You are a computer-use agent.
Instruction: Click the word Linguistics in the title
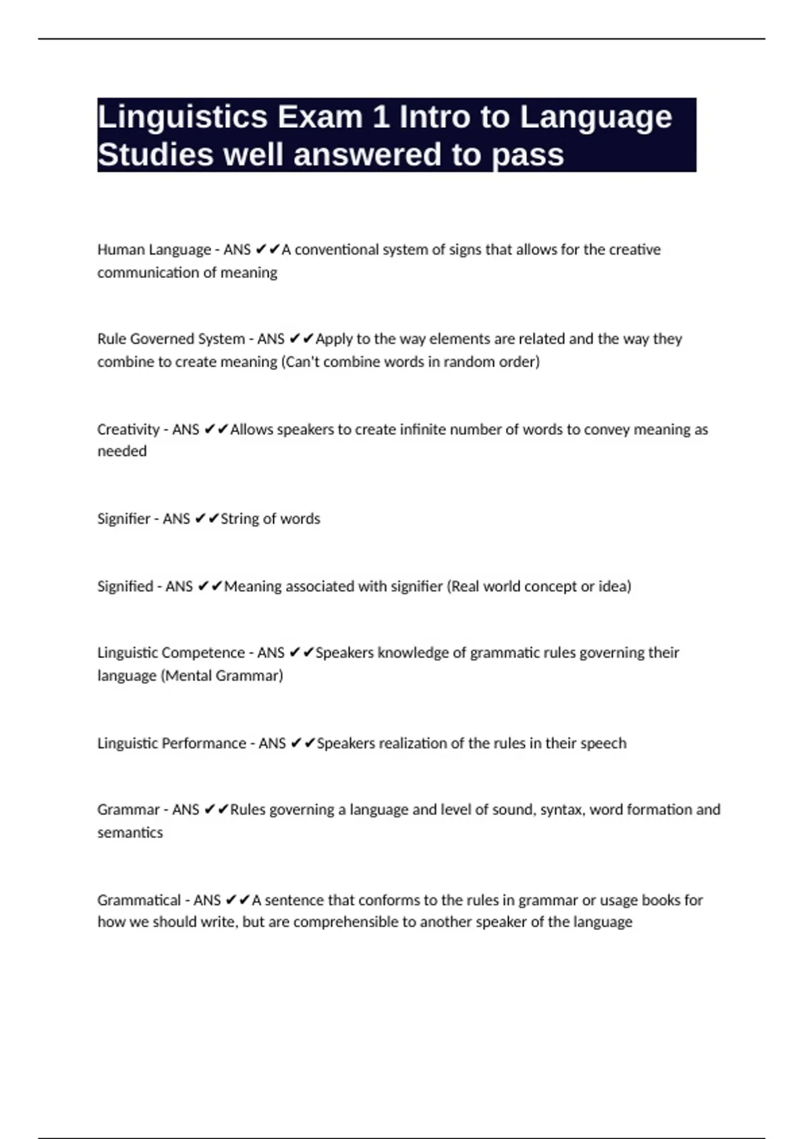182,118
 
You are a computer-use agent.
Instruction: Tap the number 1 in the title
381,118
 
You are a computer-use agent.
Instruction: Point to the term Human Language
154,250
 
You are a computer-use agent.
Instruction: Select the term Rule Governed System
171,339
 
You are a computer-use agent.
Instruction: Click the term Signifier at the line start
124,519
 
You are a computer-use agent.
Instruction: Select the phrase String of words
271,519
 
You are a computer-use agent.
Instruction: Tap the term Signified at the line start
125,586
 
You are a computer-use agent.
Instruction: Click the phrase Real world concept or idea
539,586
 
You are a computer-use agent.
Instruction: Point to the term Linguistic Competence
171,653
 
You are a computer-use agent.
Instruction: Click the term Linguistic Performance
172,743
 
